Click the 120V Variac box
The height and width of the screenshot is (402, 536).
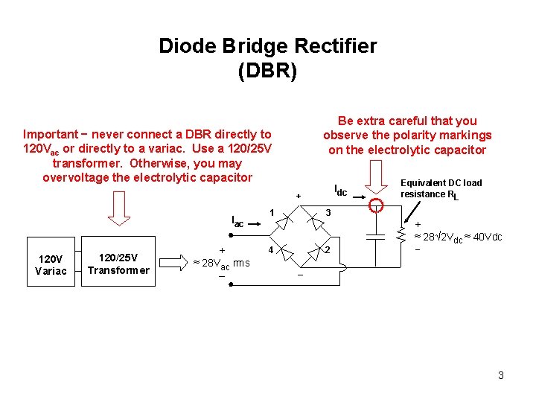51,264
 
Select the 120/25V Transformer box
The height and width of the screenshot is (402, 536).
118,264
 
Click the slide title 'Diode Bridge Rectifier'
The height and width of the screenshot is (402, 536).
267,46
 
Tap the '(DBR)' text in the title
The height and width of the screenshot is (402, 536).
267,71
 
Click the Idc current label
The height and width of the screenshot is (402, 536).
340,191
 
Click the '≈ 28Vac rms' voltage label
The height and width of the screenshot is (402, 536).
221,264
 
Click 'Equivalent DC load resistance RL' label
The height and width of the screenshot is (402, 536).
441,188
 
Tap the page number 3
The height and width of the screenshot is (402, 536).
501,375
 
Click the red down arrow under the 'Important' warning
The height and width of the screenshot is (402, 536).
119,208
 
